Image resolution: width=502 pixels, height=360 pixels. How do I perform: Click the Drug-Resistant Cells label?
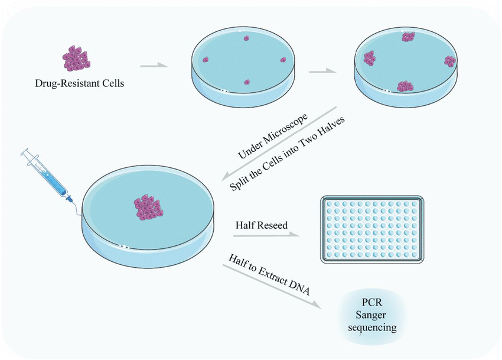point(80,83)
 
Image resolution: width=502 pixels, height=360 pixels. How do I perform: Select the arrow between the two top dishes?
point(321,70)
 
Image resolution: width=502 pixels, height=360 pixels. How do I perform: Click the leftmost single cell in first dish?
point(206,59)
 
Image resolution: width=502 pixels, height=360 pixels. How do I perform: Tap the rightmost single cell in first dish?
point(283,60)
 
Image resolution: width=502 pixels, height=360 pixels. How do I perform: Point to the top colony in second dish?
point(408,37)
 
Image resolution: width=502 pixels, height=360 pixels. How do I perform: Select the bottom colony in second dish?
point(405,86)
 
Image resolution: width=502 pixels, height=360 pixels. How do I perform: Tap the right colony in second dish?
point(451,61)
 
